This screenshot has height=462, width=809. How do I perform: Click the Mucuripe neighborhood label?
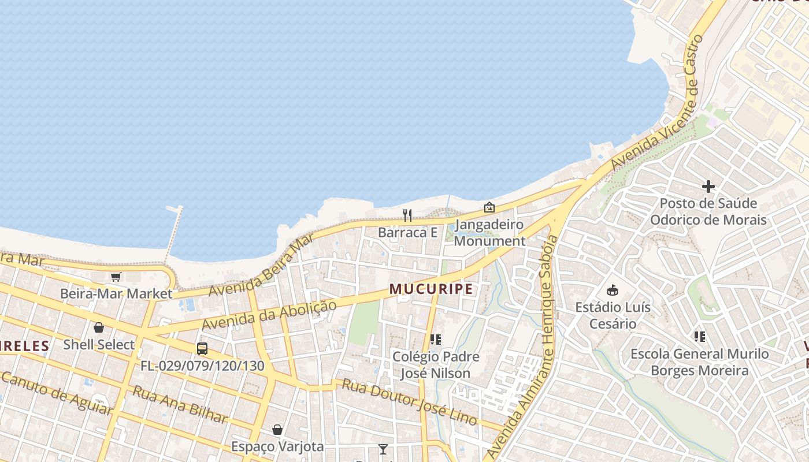point(431,289)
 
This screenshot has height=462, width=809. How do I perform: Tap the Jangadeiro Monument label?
point(489,233)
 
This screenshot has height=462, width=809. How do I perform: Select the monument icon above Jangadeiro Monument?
point(489,207)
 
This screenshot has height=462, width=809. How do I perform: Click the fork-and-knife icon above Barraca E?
point(407,215)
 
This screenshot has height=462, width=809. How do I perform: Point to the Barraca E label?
point(407,233)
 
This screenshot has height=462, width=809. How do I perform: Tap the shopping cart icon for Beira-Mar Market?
point(116,277)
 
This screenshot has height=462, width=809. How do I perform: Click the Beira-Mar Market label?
point(116,293)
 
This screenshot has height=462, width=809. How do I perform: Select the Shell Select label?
point(99,345)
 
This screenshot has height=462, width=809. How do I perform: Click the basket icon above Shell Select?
point(99,327)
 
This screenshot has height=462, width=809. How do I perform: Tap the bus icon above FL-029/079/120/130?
point(202,349)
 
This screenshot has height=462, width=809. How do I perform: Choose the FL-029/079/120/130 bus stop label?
point(202,366)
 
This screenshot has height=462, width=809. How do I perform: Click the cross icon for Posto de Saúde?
point(708,186)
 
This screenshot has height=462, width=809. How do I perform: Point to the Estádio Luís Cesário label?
point(613,315)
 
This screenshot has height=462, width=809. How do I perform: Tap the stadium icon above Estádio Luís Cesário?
point(613,290)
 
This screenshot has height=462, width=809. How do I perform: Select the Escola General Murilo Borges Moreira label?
point(700,362)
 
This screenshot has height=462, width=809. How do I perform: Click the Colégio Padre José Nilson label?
point(436,365)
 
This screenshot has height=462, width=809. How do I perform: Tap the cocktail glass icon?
point(383,449)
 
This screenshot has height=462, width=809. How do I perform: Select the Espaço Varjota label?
point(277,446)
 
